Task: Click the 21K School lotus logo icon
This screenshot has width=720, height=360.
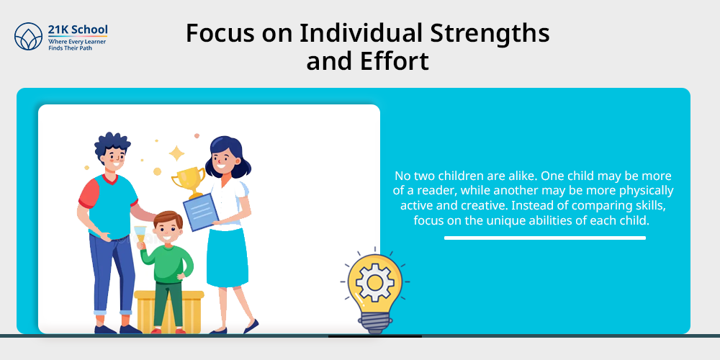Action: coord(29,36)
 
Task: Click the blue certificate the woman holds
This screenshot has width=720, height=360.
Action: coord(201,212)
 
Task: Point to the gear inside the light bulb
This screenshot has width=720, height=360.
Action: coord(374,283)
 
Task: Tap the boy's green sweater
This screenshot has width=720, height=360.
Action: coord(167,263)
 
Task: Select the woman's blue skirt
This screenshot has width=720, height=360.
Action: coord(228,257)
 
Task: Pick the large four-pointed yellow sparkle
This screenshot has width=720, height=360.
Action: coord(176,153)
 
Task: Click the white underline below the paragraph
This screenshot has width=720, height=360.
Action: coord(544,238)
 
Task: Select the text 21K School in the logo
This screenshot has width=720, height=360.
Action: coord(78,30)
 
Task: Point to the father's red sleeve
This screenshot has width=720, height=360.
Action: coord(89,193)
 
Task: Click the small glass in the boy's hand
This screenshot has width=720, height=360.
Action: coord(140,234)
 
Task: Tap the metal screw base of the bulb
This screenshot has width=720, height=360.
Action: coord(374,322)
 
